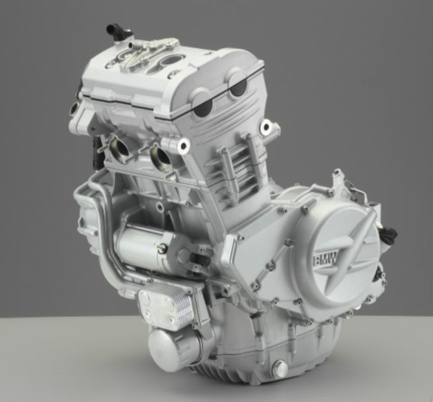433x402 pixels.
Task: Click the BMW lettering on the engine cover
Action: click(325, 260)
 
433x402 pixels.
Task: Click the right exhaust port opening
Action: click(161, 156)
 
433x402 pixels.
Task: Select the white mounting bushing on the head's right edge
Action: click(266, 127)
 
